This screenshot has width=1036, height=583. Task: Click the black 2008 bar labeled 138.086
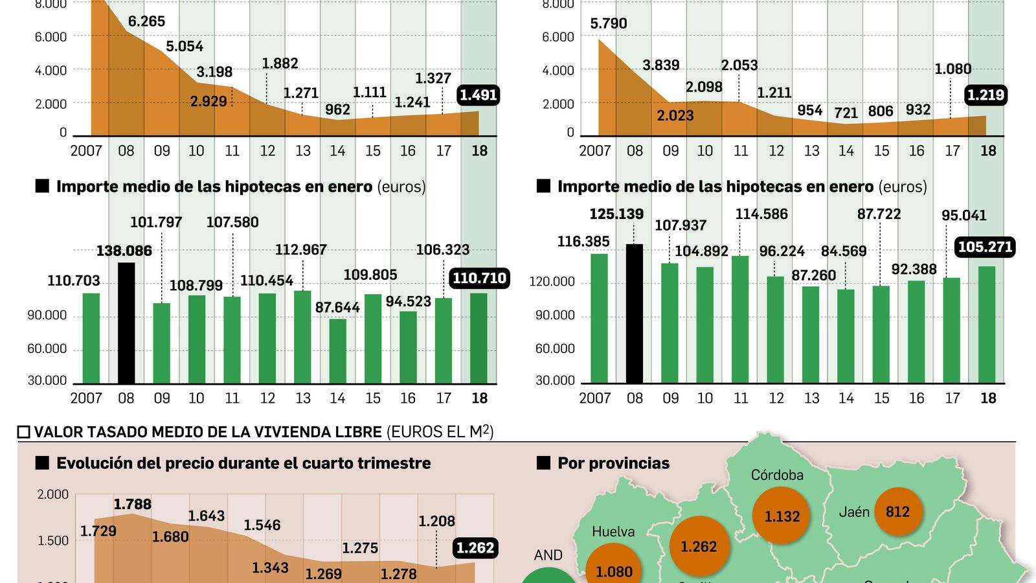pyautogui.click(x=126, y=323)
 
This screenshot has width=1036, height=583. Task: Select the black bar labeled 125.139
pyautogui.click(x=635, y=314)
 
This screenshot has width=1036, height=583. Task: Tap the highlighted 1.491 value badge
pyautogui.click(x=478, y=95)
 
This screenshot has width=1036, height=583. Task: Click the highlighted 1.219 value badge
pyautogui.click(x=985, y=95)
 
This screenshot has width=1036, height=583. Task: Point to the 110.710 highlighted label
pyautogui.click(x=479, y=279)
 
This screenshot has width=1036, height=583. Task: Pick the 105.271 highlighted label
pyautogui.click(x=985, y=247)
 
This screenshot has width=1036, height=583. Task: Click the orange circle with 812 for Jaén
pyautogui.click(x=897, y=512)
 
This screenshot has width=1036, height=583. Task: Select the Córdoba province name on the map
pyautogui.click(x=777, y=475)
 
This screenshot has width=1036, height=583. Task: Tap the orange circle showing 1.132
pyautogui.click(x=782, y=516)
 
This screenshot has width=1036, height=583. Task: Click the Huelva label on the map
pyautogui.click(x=613, y=532)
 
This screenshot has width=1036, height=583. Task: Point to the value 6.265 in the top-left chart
pyautogui.click(x=146, y=21)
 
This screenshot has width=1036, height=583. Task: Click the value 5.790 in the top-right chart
pyautogui.click(x=609, y=24)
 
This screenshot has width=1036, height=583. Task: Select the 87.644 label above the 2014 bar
pyautogui.click(x=337, y=308)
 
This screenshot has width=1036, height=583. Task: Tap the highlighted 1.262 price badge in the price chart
pyautogui.click(x=475, y=548)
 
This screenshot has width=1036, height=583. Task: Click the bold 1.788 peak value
pyautogui.click(x=133, y=504)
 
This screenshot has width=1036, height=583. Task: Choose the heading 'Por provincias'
pyautogui.click(x=613, y=463)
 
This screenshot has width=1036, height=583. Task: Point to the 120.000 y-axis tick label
pyautogui.click(x=552, y=282)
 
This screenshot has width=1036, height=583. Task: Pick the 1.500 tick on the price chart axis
pyautogui.click(x=53, y=541)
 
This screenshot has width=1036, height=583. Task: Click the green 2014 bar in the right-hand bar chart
pyautogui.click(x=846, y=336)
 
